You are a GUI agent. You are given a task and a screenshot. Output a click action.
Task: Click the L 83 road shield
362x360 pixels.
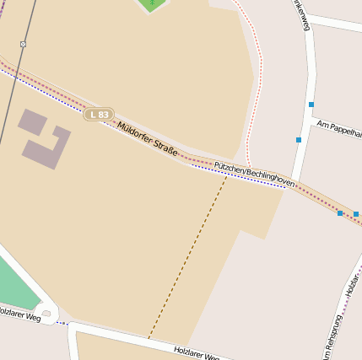point(99,114)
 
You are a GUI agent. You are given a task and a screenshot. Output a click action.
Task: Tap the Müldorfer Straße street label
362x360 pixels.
point(148,139)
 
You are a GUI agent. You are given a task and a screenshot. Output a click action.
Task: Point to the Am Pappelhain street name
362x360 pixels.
point(339,128)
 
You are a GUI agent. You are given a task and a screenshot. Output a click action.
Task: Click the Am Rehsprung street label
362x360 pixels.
point(335,330)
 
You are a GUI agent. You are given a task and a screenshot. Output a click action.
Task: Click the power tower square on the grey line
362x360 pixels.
point(23,44)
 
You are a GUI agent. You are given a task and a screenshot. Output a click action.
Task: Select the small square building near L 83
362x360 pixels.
point(32,122)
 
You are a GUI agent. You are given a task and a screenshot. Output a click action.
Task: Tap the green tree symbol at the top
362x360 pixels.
point(152,3)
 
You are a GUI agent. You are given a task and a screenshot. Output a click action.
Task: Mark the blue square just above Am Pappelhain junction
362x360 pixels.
point(311,105)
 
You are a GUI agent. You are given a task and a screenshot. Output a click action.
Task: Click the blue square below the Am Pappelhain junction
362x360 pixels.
point(299,139)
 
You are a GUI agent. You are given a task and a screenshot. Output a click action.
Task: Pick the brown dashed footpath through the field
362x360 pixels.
point(187,257)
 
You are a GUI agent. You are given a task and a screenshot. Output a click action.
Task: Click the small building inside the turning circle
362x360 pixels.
point(46,314)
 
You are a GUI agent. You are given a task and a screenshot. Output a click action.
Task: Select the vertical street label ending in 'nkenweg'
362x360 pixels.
point(301,14)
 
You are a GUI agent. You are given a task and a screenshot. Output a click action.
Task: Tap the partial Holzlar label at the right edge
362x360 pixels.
point(353,287)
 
